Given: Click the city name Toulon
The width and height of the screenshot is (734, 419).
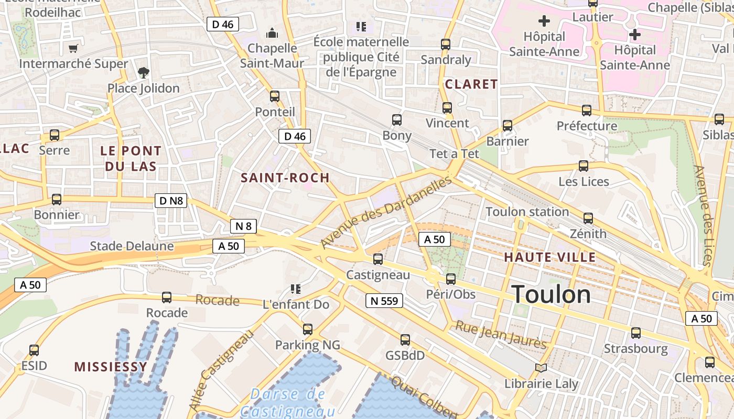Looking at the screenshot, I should coord(551,294).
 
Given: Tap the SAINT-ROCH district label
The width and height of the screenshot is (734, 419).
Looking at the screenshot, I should coord(285,178).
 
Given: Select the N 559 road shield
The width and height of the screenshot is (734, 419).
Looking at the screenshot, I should coord(384,301).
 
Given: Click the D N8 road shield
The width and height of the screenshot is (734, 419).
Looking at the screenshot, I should coord(171,201).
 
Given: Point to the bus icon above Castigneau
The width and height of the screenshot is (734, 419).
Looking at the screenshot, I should coord(377,259).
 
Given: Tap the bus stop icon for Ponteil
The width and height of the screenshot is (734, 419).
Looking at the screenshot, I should coord(274,96).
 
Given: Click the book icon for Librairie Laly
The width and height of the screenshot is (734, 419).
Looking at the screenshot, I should coord(541,368).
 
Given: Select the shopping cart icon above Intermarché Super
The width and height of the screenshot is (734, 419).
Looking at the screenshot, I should coord(73,48).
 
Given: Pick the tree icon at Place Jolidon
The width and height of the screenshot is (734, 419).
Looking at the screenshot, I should coord(143,72).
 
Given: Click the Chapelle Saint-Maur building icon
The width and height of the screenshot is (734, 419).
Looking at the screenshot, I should coord(272,33).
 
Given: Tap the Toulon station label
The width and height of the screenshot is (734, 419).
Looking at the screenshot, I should coord(527,212).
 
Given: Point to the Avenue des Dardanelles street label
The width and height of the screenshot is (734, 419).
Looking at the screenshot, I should coord(386,212).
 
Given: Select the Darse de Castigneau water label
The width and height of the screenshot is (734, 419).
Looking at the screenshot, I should coord(288,402).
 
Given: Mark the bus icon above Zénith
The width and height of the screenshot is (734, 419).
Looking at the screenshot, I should coord(588,218).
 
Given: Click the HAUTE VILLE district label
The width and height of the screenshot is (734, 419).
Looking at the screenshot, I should coord(549,257).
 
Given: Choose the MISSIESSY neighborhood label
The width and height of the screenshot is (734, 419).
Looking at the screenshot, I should coord(110,367).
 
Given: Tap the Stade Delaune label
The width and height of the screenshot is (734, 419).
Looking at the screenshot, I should coord(132,246).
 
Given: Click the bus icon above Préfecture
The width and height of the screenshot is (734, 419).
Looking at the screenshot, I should coord(586,111).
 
